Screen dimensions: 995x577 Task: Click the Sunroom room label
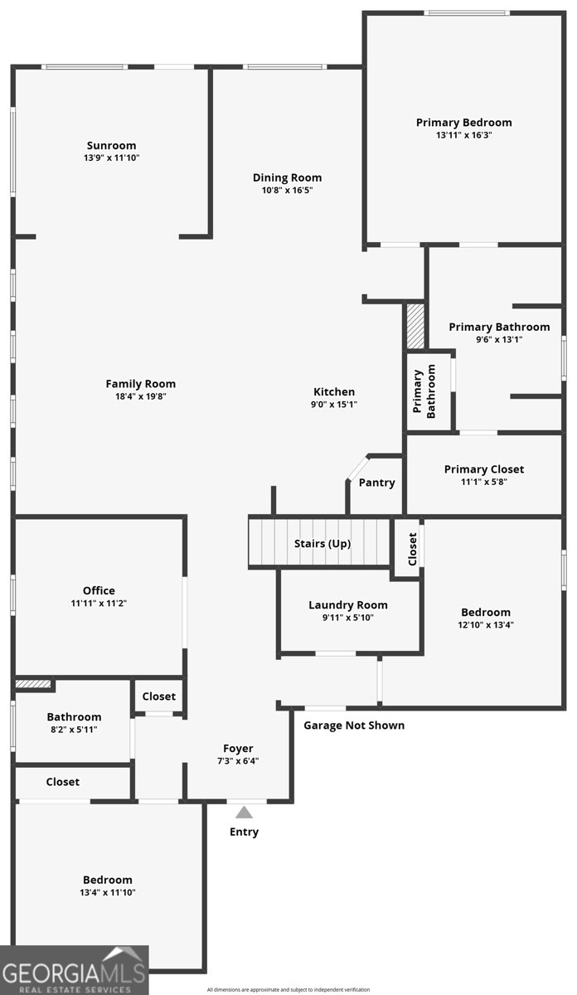tap(111, 145)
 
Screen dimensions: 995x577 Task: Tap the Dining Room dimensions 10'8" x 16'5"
tap(287, 190)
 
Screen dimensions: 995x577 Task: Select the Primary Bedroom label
tap(463, 123)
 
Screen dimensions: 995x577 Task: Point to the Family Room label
tap(140, 384)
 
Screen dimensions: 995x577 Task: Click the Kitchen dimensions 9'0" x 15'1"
tap(334, 405)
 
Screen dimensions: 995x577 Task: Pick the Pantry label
tap(376, 483)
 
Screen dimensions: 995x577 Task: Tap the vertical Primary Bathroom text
tap(424, 393)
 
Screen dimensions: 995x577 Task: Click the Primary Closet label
tap(484, 469)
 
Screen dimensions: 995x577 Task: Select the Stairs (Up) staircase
tap(319, 543)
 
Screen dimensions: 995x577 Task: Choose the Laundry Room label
tap(347, 605)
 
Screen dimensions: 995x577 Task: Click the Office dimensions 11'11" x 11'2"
tap(99, 604)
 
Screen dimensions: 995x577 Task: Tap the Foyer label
tap(239, 749)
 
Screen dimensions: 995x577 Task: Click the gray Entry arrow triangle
tap(244, 813)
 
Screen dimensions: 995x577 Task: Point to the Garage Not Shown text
tap(354, 726)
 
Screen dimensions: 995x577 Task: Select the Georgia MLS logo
tap(74, 970)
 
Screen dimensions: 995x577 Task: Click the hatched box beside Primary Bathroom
tap(415, 326)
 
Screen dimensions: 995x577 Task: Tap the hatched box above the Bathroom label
tap(34, 685)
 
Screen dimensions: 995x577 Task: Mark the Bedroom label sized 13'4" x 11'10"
tap(107, 880)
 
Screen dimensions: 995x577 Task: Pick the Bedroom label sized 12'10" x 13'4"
tap(486, 613)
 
